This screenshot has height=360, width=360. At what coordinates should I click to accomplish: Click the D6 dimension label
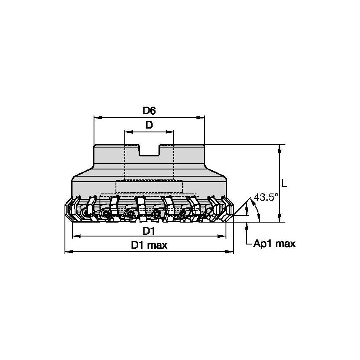click(149, 111)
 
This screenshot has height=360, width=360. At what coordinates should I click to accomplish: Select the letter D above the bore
click(149, 125)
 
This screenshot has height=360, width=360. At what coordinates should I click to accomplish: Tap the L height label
click(285, 183)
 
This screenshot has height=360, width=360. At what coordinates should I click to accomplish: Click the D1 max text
click(149, 245)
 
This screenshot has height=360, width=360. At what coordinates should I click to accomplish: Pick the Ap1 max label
click(274, 243)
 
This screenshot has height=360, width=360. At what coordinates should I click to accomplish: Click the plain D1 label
click(149, 231)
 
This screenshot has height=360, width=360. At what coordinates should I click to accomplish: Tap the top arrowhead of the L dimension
click(279, 148)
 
